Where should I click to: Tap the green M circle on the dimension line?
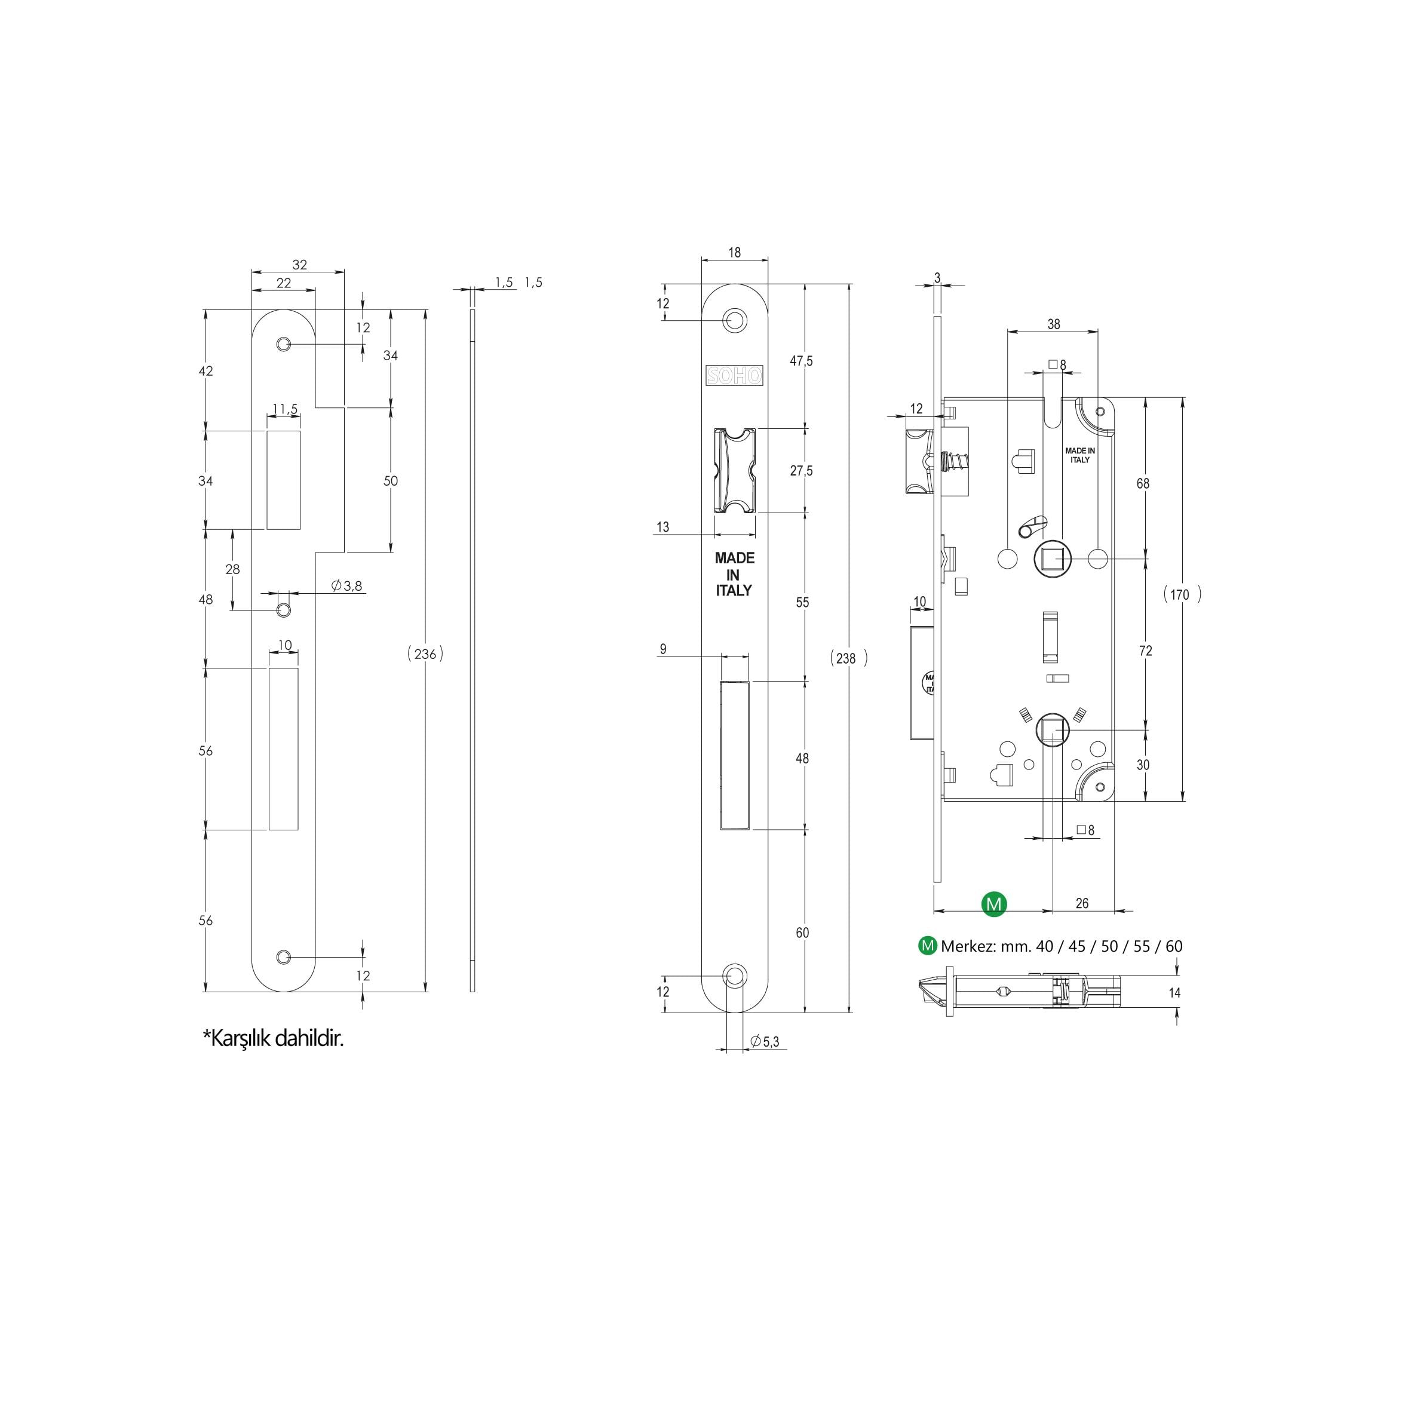point(994,904)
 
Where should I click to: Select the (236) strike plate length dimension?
point(425,654)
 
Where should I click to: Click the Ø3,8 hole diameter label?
point(347,585)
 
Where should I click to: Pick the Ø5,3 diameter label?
point(765,1041)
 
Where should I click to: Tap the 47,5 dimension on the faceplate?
point(801,361)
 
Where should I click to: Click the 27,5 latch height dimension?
point(801,471)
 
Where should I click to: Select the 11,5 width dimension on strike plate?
point(285,409)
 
